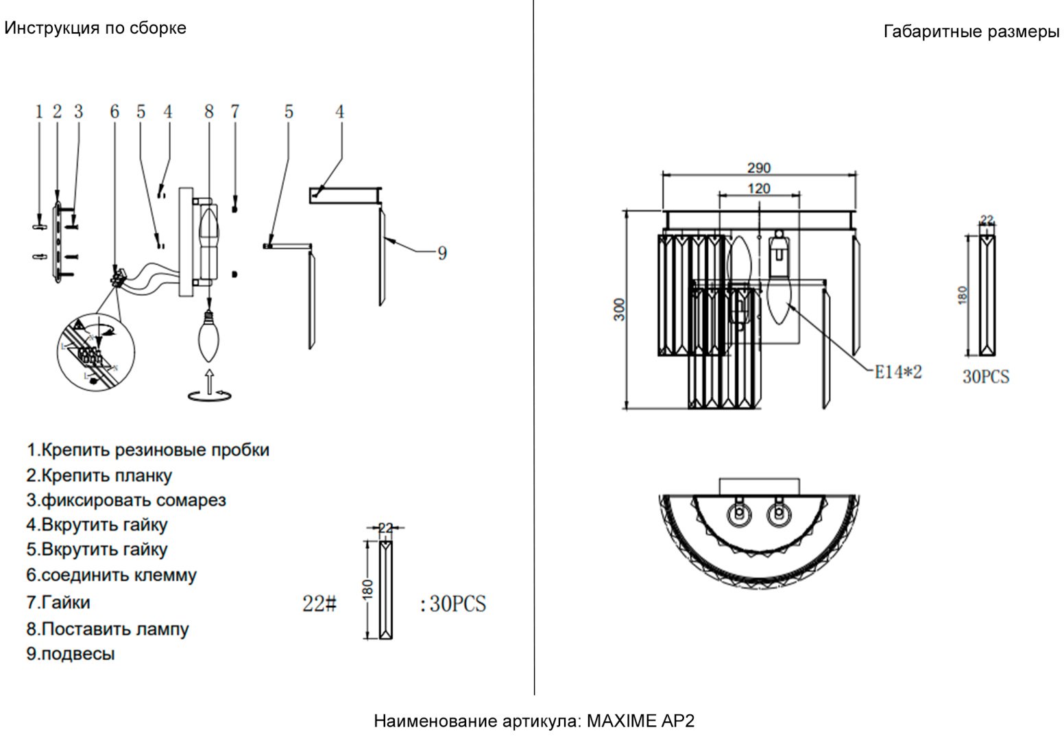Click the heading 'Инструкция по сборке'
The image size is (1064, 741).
[x=95, y=29]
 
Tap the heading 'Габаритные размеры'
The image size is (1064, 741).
[x=971, y=32]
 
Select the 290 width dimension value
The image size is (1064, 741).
[x=758, y=168]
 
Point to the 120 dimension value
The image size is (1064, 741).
[x=758, y=189]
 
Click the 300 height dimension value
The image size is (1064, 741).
[x=619, y=309]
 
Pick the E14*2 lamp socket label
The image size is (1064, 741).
[x=898, y=372]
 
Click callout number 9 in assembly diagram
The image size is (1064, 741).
[x=442, y=253]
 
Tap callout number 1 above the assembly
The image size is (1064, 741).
[x=39, y=112]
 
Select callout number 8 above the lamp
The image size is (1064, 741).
[x=209, y=112]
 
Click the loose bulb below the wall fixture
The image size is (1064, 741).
[x=209, y=336]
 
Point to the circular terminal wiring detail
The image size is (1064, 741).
[x=96, y=352]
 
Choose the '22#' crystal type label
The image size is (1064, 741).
[x=319, y=604]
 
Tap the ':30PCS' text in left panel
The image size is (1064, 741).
[x=454, y=604]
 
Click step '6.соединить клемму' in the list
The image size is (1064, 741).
[x=111, y=575]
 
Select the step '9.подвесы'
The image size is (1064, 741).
[x=71, y=654]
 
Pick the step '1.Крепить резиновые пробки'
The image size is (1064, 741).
[x=147, y=449]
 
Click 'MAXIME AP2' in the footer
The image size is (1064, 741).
[x=640, y=721]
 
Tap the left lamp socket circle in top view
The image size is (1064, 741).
[x=740, y=515]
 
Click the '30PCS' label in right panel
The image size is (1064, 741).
[x=986, y=377]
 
